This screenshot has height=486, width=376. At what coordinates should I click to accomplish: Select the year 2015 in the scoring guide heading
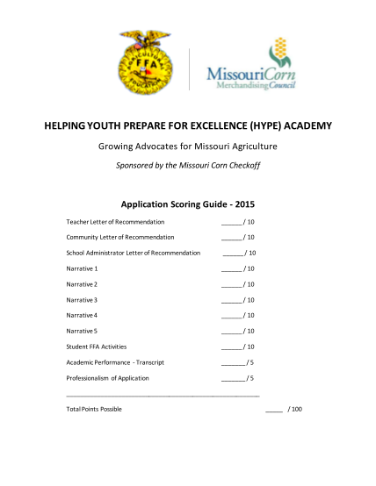[243, 204]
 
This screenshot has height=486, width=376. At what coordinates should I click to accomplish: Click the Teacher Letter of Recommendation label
[116, 222]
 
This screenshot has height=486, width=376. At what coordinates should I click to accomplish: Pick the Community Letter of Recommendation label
[120, 237]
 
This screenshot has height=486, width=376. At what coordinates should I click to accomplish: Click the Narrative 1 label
[82, 268]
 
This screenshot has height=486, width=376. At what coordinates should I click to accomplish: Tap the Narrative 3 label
[82, 300]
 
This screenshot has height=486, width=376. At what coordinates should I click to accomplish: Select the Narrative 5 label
[82, 331]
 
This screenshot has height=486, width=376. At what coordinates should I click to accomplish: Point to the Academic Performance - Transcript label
[116, 362]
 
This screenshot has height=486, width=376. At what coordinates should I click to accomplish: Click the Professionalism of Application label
[108, 378]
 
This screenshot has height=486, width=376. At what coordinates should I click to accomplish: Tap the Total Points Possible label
[94, 410]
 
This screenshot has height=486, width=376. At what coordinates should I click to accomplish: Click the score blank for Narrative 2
[231, 285]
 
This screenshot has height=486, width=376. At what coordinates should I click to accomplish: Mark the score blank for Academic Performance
[233, 363]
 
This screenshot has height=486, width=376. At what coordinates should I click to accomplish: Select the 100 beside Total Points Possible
[295, 410]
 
